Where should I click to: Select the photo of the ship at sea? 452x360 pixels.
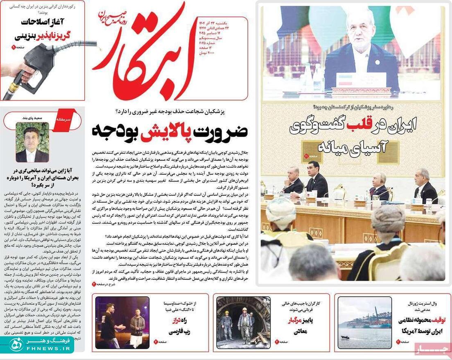click(365, 322)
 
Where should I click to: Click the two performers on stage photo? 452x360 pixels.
click(122, 322)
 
